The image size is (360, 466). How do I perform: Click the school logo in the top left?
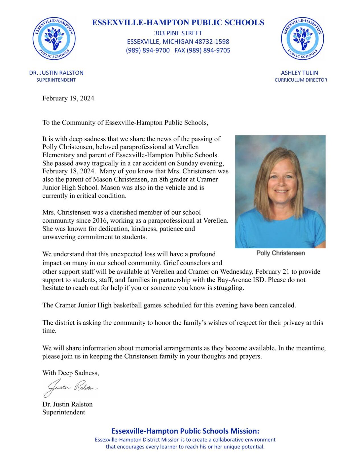click(x=54, y=38)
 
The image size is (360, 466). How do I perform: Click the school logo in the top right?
click(x=302, y=38)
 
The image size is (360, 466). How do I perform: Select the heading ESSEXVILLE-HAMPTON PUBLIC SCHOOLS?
click(x=178, y=22)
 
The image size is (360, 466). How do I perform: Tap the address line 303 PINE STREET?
click(x=178, y=33)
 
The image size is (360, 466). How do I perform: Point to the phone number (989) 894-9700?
click(x=148, y=50)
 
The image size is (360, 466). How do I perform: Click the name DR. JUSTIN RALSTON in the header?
click(x=56, y=73)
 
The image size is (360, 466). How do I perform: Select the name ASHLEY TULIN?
click(x=299, y=73)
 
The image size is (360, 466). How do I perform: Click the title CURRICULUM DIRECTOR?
click(x=301, y=80)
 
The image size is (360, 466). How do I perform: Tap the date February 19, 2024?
click(x=68, y=98)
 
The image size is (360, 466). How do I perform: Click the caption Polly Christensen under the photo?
click(x=280, y=253)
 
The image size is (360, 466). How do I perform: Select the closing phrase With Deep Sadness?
click(x=71, y=373)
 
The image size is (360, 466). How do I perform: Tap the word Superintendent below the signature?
click(x=63, y=412)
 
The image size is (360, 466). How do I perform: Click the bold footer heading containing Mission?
click(x=185, y=431)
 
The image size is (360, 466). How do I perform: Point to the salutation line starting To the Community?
click(x=125, y=123)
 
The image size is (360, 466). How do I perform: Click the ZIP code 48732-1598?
click(x=212, y=42)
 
